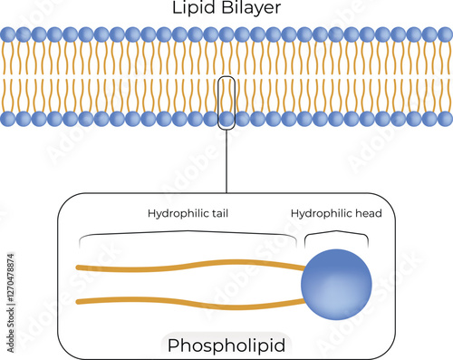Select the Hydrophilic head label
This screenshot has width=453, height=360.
336,214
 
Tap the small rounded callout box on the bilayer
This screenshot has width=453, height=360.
226,104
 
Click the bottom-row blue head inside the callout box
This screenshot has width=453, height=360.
226,120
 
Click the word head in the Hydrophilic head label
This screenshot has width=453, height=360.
367,214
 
